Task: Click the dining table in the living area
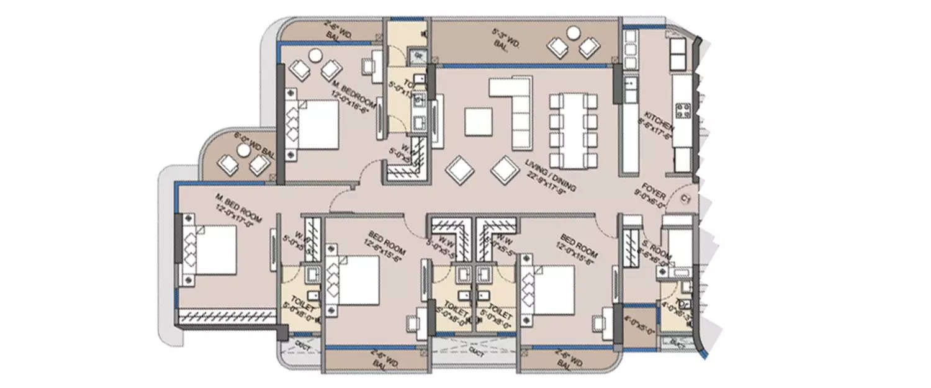pos(573,131)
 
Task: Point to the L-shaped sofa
pos(515,109)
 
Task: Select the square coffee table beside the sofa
pos(479,122)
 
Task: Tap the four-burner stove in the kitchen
pos(683,111)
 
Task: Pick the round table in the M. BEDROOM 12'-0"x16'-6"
pos(315,55)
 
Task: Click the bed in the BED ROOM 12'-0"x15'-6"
pos(550,288)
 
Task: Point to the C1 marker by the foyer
pos(685,199)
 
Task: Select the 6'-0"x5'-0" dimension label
pos(639,327)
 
